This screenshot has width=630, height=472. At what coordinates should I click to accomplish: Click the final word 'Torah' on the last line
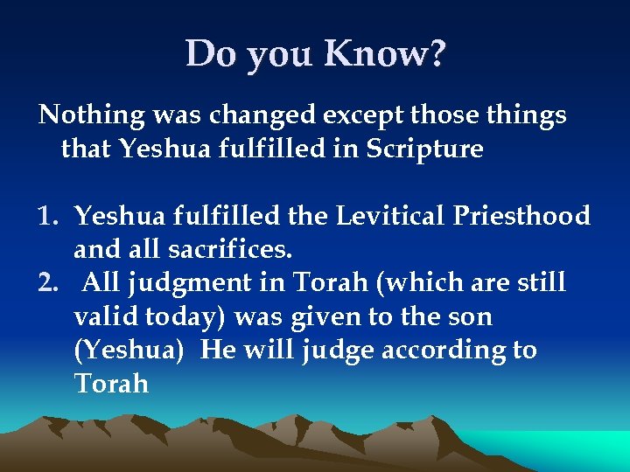[x=112, y=384]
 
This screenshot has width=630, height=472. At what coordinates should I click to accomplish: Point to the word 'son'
[x=470, y=316]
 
